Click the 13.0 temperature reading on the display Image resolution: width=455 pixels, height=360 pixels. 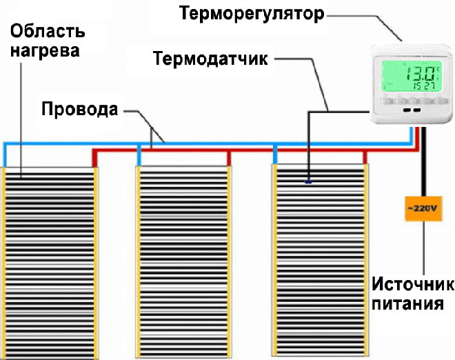420,72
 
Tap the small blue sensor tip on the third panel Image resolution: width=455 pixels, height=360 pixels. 308,182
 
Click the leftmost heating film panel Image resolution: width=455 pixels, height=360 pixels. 50,262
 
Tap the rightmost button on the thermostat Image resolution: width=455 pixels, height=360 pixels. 436,101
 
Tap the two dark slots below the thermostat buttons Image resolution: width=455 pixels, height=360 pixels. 412,110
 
